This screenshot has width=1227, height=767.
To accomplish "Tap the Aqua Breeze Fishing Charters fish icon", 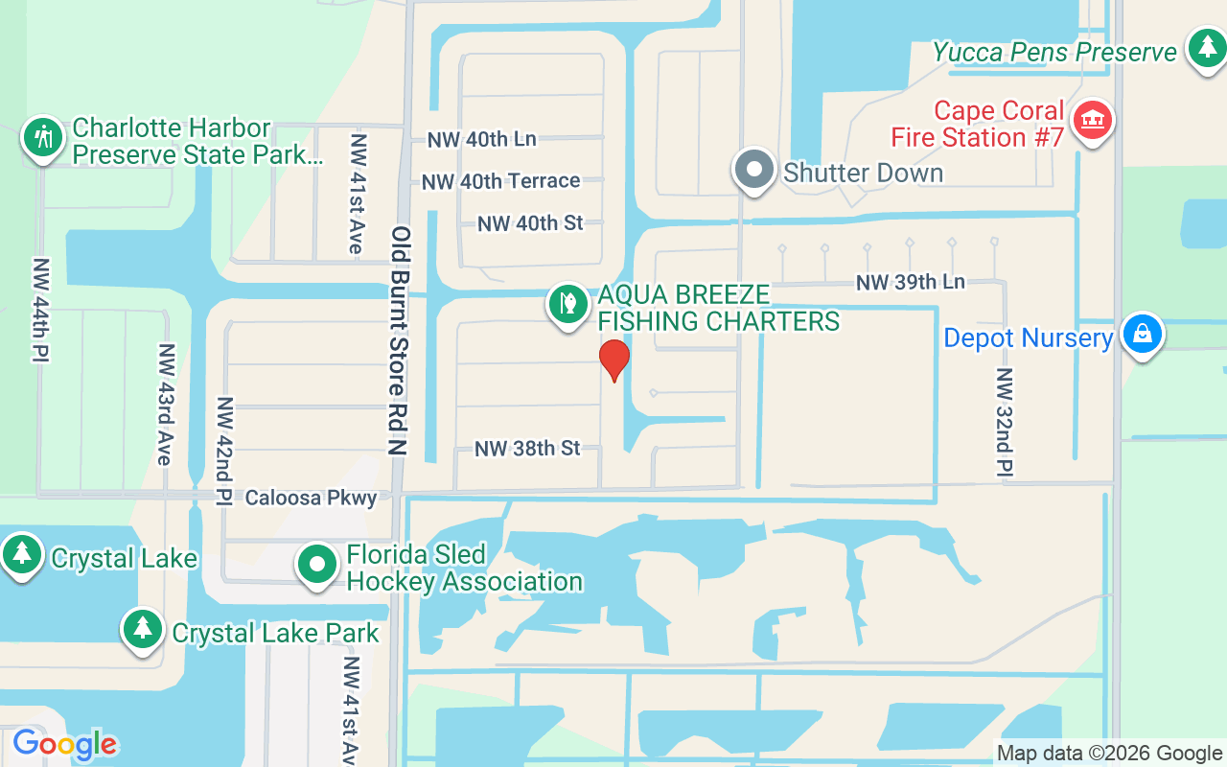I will pos(567,304).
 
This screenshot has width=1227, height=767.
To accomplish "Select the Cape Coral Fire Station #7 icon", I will pos(1091,121).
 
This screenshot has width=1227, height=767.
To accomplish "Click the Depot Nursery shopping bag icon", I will pos(1142,334).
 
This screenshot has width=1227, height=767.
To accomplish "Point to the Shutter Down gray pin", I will pos(754,170).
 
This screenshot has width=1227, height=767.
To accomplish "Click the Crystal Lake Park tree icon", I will pos(143,629).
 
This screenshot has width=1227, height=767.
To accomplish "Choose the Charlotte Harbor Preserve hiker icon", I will pos(42,137).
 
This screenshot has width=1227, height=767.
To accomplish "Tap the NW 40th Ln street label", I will pos(481,139).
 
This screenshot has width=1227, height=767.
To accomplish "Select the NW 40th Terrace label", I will pos(500,181).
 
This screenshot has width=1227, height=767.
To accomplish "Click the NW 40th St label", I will pos(530,223).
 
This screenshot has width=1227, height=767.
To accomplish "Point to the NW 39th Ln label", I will pos(910,282).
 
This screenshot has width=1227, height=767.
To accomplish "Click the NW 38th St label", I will pos(527,448).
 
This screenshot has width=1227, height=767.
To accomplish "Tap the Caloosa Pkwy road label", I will pos(311,498).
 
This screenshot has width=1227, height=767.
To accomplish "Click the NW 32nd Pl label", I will pos(1004,422).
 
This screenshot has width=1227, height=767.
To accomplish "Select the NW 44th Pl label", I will pos(41,310).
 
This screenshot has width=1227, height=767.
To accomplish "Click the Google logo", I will pos(64,744).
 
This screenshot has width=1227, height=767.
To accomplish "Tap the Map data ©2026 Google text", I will pos(1108,754).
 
